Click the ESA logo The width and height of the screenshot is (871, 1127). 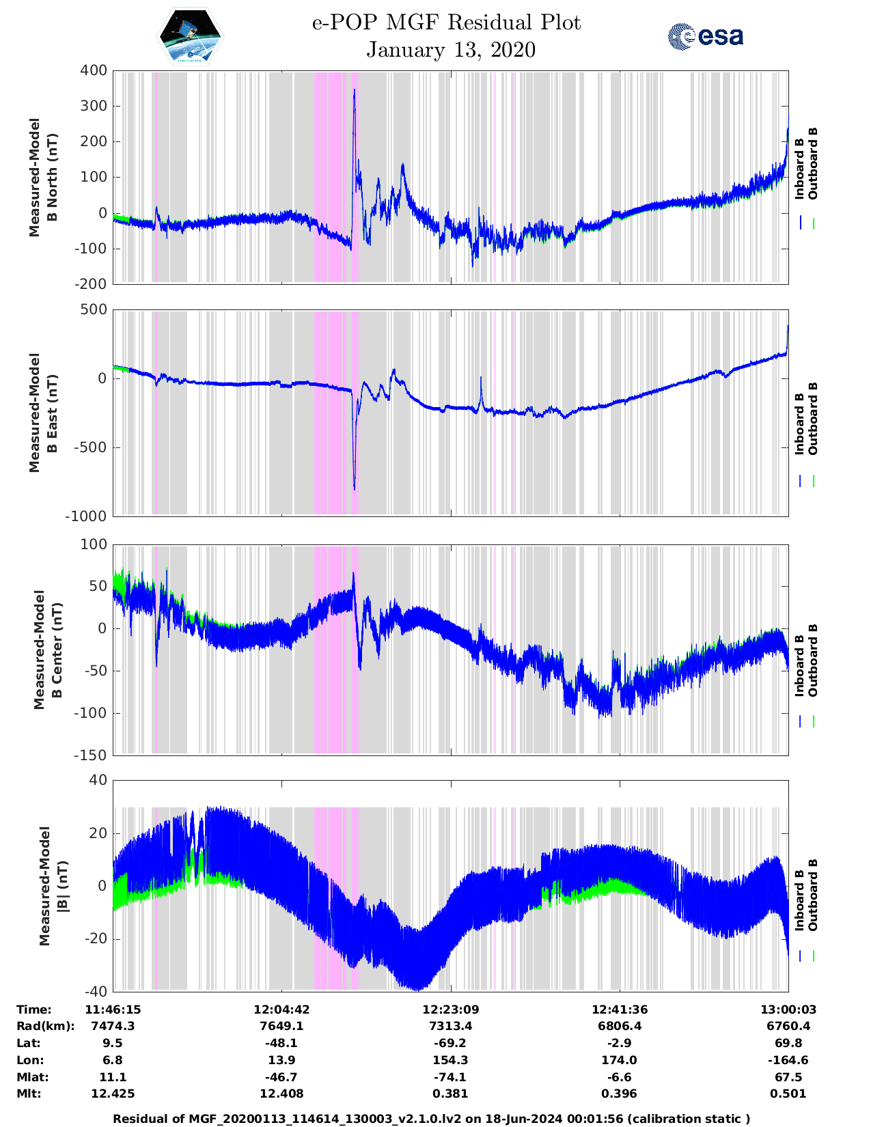point(705,36)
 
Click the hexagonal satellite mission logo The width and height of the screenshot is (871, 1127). point(191,36)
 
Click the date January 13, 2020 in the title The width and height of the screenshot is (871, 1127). point(451,50)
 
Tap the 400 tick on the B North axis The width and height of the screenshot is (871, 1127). point(94,70)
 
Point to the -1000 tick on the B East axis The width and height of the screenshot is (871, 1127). point(86,516)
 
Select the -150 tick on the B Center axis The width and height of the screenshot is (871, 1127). point(91,755)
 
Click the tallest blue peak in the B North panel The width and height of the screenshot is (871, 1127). point(354,91)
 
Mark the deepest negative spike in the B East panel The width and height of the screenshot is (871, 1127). point(355,488)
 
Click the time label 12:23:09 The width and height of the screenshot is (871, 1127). point(450,1010)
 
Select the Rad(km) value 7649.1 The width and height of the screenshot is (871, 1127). point(282,1027)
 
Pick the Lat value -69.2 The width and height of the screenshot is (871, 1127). point(450,1044)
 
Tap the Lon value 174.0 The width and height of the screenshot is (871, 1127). point(619,1061)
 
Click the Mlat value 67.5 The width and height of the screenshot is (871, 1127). point(788,1078)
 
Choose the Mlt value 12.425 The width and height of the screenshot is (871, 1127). point(113,1094)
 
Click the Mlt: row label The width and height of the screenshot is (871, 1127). point(29,1094)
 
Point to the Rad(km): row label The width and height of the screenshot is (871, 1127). point(45,1027)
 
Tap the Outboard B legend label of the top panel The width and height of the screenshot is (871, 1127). point(812,164)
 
